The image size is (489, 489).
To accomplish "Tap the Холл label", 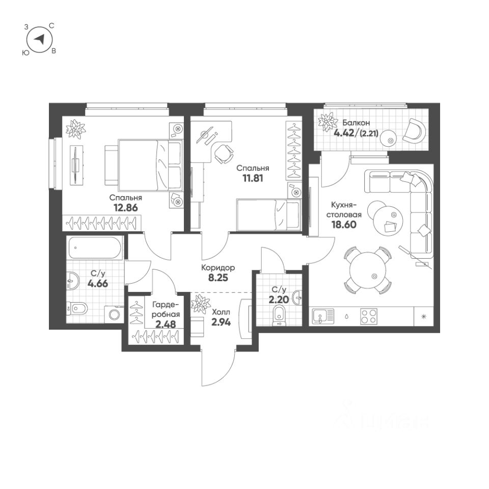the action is (x=221, y=311).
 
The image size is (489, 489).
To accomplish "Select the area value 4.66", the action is (x=98, y=285).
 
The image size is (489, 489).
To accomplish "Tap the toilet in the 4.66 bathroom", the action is (x=78, y=308).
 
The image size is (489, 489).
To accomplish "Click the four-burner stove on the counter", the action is (x=370, y=317).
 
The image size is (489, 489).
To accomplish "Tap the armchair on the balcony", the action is (x=413, y=131).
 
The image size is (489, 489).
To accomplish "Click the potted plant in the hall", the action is (x=200, y=304).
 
